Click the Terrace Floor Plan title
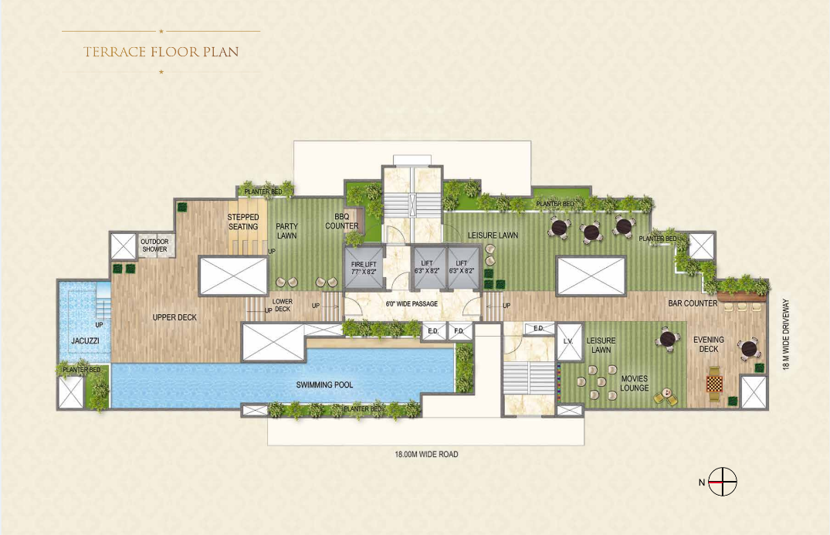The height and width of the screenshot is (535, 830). point(161,52)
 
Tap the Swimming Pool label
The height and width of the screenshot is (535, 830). point(324,384)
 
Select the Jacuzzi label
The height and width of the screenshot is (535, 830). point(83,340)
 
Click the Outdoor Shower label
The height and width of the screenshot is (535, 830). point(154,245)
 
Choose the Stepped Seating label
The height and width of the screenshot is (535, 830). point(243,222)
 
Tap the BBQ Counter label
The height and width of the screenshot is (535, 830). point(341,221)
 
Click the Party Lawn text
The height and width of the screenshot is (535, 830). point(286,231)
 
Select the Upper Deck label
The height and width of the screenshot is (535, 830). point(174,317)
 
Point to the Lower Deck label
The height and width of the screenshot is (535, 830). point(282,305)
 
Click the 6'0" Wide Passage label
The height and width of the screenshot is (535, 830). point(412,304)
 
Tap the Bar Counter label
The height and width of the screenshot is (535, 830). point(693,303)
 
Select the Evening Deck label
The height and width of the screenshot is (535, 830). point(708,344)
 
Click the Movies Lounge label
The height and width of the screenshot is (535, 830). point(634,383)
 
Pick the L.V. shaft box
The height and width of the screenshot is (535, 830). point(568,342)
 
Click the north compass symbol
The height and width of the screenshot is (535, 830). point(723,482)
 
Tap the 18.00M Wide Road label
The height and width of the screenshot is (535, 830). point(422,455)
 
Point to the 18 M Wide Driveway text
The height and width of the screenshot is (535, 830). point(786,334)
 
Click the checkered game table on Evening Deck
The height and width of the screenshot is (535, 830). point(714,382)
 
